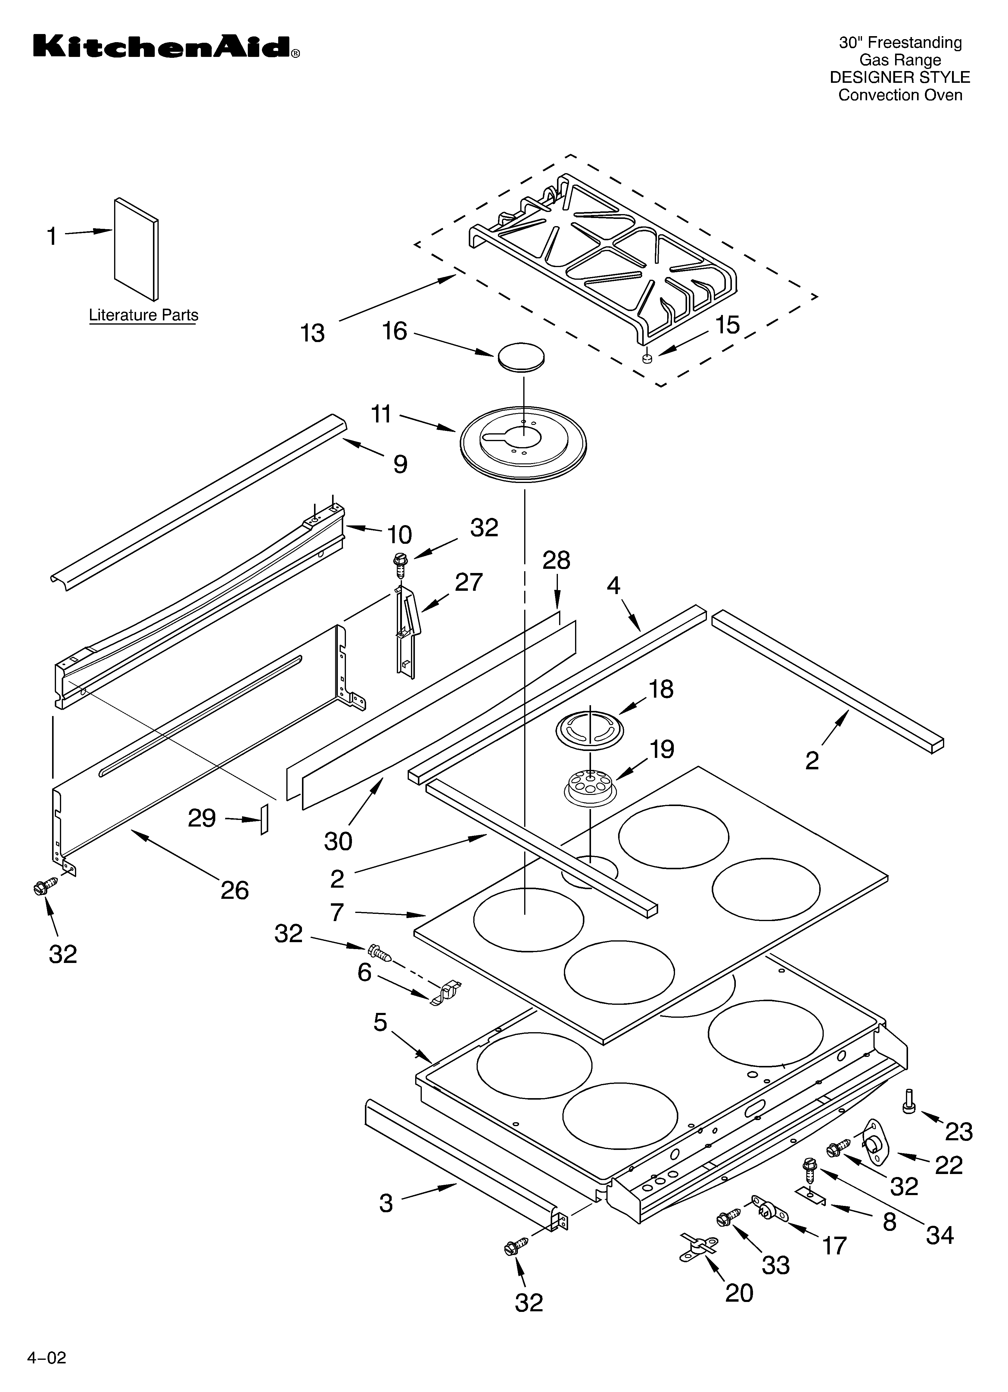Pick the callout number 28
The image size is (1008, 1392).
click(556, 560)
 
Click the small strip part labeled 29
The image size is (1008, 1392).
click(265, 819)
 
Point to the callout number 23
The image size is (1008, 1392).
click(958, 1131)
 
